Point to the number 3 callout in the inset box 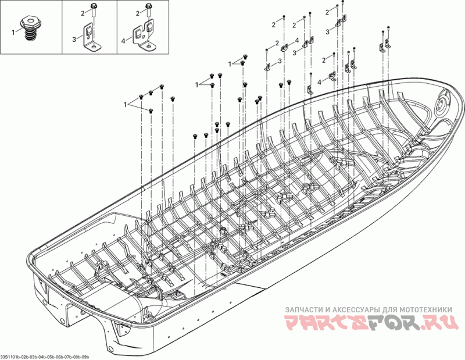click(74, 39)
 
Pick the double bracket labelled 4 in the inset click(146, 34)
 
